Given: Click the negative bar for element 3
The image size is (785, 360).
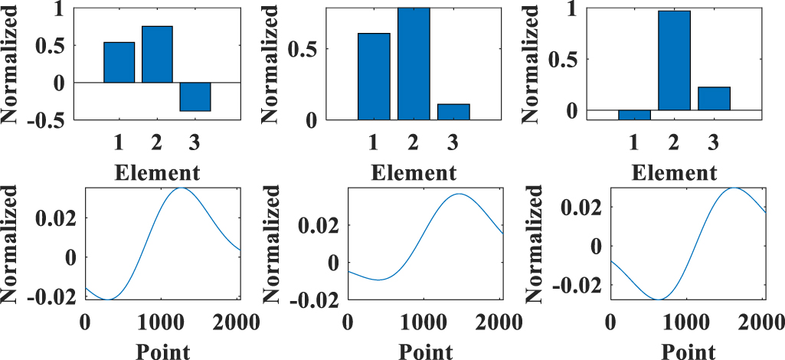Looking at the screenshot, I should pos(195,97).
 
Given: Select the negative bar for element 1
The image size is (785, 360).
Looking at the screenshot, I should pos(634,115).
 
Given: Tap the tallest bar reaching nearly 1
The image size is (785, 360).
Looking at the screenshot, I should pos(674,61).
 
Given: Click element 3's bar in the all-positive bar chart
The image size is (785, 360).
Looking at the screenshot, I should pos(453,112).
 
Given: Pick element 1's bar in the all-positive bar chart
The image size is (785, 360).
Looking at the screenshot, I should pos(374,77).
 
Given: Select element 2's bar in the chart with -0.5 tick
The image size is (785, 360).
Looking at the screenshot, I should pos(157,54).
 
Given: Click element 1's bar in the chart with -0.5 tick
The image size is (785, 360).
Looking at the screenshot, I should pos(119,62).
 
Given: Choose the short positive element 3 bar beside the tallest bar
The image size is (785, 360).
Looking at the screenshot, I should pos(714,99).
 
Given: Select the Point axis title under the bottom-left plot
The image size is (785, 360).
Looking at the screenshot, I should pos(162,350).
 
